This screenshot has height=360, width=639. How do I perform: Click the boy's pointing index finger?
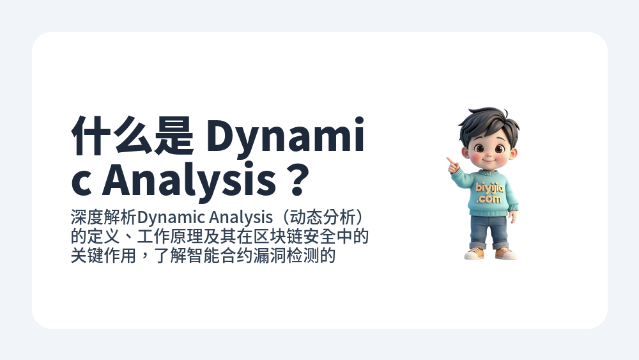pos(450,160)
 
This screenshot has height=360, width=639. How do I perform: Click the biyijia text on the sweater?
pos(489,188)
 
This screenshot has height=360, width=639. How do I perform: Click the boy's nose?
pos(488,154)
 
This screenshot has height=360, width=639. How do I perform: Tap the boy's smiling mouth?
pos(488,161)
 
